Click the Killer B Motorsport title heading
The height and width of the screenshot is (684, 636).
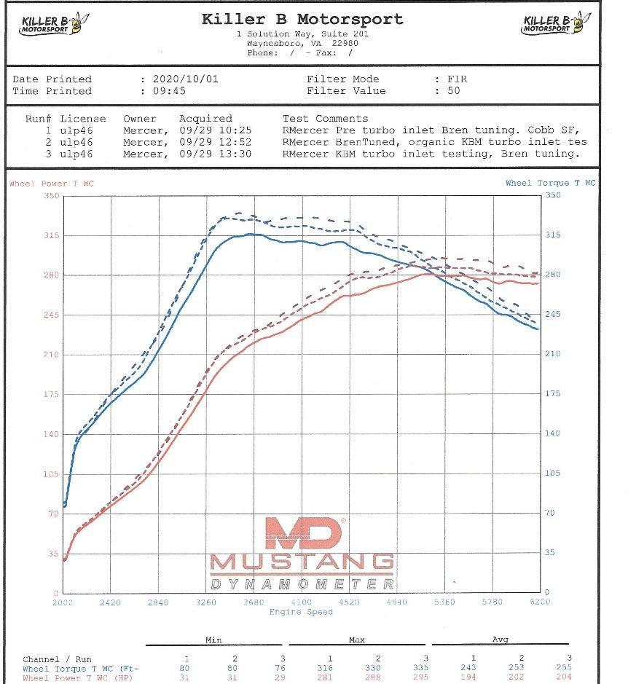(x=302, y=20)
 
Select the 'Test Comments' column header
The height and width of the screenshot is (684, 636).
(x=325, y=118)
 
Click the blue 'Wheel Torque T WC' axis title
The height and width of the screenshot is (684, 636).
(x=550, y=183)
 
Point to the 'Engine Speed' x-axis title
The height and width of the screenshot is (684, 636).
(x=301, y=612)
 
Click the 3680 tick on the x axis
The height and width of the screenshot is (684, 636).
(x=254, y=602)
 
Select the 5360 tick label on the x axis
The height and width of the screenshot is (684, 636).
(x=444, y=602)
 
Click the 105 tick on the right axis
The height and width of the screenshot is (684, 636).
(x=553, y=473)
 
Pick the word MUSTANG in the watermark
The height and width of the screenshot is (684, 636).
(x=302, y=562)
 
